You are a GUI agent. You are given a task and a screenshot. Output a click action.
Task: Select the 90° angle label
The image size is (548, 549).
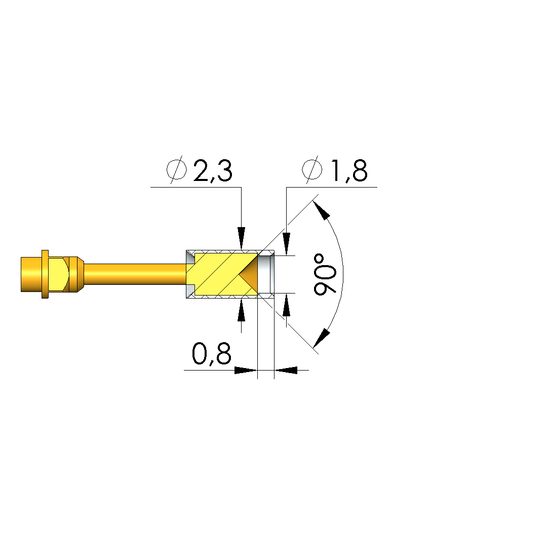click(325, 275)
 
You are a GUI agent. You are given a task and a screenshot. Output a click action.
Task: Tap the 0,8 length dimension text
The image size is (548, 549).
click(212, 354)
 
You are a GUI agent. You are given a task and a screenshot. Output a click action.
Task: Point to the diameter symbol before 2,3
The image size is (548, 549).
click(176, 170)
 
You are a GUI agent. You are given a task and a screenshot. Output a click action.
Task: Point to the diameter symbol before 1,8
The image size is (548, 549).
click(312, 170)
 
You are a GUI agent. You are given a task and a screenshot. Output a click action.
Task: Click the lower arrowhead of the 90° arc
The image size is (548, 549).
click(322, 339)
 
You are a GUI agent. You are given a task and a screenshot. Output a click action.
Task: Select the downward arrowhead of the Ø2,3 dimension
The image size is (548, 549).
click(241, 238)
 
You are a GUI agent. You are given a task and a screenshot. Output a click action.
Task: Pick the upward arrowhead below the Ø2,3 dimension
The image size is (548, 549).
click(241, 310)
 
